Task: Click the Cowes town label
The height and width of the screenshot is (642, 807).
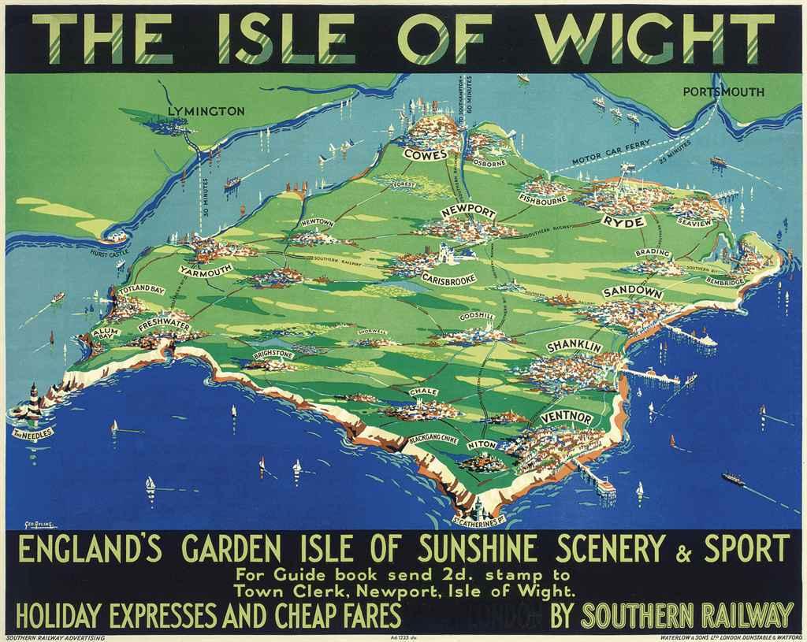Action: [x=426, y=154]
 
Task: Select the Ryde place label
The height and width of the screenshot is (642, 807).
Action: [x=623, y=222]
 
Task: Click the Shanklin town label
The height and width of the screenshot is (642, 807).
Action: [x=574, y=347]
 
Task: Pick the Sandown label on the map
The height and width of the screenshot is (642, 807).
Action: [x=632, y=292]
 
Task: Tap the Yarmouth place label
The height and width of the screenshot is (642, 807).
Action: [x=205, y=269]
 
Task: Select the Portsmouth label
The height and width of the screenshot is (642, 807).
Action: [x=723, y=92]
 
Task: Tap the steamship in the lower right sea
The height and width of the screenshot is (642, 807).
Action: [x=733, y=478]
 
